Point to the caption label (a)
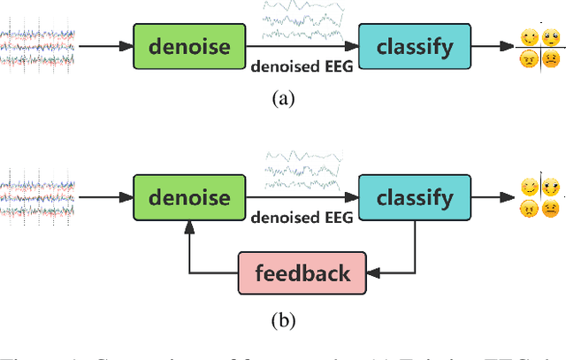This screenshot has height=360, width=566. pos(283,99)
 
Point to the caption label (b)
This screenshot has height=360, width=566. pos(283,319)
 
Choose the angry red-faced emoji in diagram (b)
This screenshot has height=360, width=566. pos(529,210)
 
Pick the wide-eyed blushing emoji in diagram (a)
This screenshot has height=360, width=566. pos(552,37)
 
